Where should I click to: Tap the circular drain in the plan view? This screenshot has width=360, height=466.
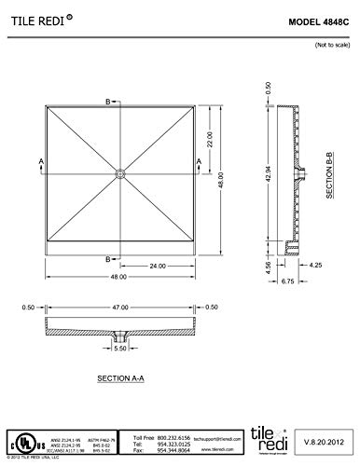click(120, 172)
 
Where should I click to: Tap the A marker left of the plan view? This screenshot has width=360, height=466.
click(41, 161)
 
